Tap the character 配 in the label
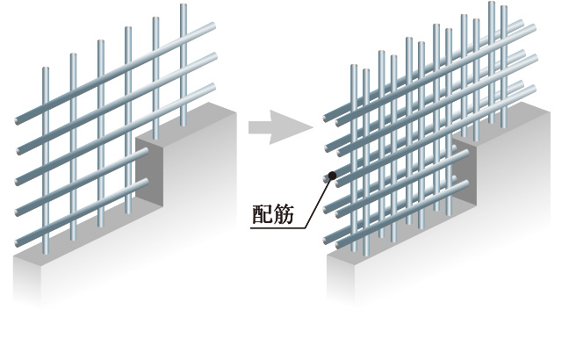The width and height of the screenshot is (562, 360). (261, 213)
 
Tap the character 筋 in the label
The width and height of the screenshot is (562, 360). (284, 213)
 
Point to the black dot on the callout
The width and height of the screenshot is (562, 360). (331, 176)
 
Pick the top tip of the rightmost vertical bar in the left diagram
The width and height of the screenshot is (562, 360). (184, 7)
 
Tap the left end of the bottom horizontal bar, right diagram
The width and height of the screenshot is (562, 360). (327, 238)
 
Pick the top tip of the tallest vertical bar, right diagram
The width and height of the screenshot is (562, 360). (492, 4)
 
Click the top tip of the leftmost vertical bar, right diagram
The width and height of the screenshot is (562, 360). (352, 67)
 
